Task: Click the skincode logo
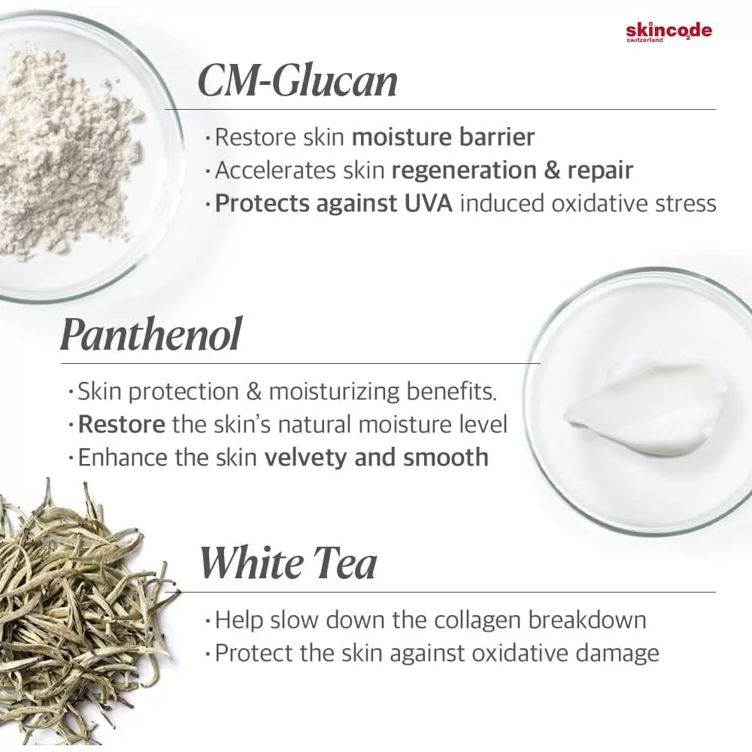(x=669, y=32)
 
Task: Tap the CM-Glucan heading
(x=297, y=80)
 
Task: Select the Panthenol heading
(x=150, y=334)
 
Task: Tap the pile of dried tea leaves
(x=81, y=609)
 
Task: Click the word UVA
(x=428, y=203)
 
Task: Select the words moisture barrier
(x=443, y=137)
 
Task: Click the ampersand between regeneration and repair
(x=552, y=171)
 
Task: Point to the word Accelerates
(x=275, y=171)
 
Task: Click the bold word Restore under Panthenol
(x=121, y=424)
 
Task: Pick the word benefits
(x=451, y=391)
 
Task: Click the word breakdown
(x=587, y=620)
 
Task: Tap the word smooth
(x=445, y=457)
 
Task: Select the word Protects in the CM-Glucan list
(x=262, y=203)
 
